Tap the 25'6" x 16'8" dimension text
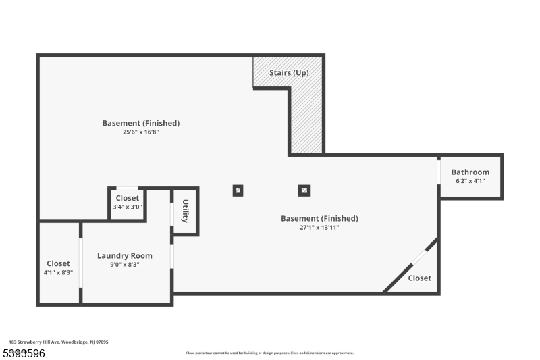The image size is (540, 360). click(140, 132)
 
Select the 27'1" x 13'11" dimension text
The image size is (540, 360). click(319, 228)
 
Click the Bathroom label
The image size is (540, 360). click(470, 172)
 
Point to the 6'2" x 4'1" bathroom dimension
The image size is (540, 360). click(470, 181)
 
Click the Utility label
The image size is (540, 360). click(185, 211)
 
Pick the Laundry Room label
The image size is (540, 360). click(125, 256)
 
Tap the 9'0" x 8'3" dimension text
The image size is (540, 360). click(125, 265)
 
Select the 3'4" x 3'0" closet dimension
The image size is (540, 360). click(128, 207)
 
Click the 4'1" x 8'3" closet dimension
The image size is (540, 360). click(58, 272)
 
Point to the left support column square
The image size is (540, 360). click(238, 190)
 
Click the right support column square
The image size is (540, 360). click(304, 190)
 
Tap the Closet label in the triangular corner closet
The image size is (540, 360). click(420, 278)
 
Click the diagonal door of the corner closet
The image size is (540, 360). click(419, 257)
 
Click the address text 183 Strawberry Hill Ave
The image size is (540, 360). click(59, 342)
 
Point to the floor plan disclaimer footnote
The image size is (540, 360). click(270, 353)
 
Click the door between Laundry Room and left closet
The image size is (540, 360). click(81, 263)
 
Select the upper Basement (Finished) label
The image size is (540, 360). click(140, 123)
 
